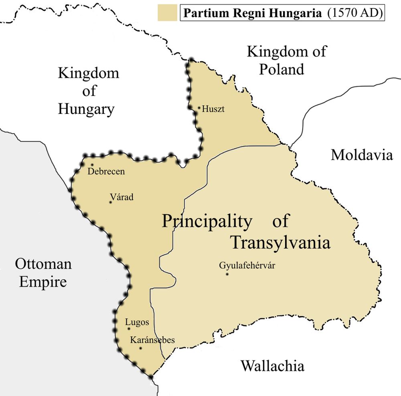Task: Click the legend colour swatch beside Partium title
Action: pyautogui.click(x=168, y=13)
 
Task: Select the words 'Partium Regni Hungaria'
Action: pyautogui.click(x=253, y=13)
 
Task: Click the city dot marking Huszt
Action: pyautogui.click(x=199, y=107)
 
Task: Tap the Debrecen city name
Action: pyautogui.click(x=106, y=172)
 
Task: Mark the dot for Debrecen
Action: pyautogui.click(x=92, y=164)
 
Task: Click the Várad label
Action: pyautogui.click(x=122, y=197)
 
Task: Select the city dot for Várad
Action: pyautogui.click(x=110, y=202)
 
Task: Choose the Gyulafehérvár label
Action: pyautogui.click(x=247, y=265)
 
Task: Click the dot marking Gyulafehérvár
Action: pyautogui.click(x=227, y=275)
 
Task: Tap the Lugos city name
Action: pyautogui.click(x=137, y=322)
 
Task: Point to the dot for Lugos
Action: pyautogui.click(x=129, y=329)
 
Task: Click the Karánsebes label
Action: pyautogui.click(x=152, y=340)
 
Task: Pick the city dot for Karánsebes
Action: pyautogui.click(x=140, y=348)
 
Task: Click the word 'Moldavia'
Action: pyautogui.click(x=362, y=155)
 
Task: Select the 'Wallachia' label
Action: pyautogui.click(x=272, y=366)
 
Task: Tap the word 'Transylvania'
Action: pyautogui.click(x=280, y=242)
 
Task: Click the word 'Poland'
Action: pyautogui.click(x=282, y=69)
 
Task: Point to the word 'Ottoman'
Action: pyautogui.click(x=43, y=264)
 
